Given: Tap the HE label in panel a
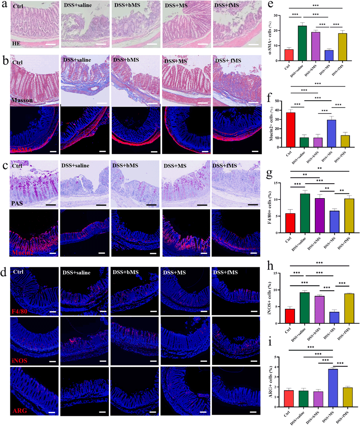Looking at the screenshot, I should click(15, 44).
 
